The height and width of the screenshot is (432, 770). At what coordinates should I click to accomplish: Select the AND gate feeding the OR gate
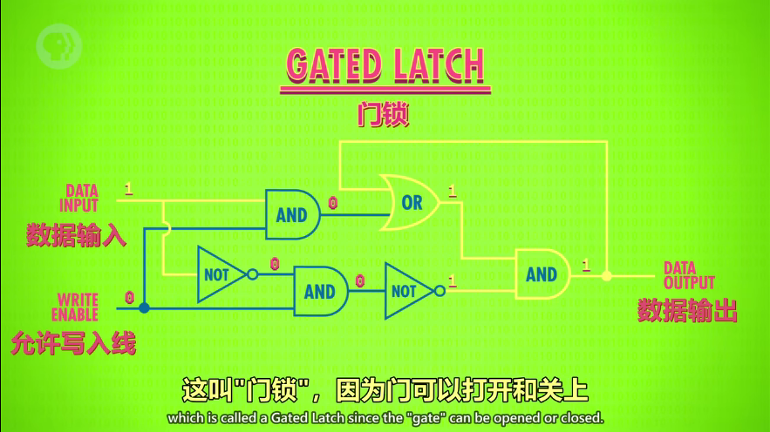tap(292, 214)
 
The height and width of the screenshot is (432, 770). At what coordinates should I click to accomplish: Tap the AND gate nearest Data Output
tap(542, 274)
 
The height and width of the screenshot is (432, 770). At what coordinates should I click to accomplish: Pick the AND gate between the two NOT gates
tap(320, 292)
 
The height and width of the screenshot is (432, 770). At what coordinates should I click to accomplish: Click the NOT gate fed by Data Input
tap(217, 274)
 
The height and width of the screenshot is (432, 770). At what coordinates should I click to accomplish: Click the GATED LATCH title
tap(385, 67)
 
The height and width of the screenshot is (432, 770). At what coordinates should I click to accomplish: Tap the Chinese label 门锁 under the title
tap(383, 115)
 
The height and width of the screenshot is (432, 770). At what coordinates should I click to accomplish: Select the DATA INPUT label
tap(78, 198)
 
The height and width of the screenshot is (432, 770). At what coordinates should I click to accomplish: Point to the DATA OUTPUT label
tap(689, 275)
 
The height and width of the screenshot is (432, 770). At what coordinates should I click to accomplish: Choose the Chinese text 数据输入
tap(77, 234)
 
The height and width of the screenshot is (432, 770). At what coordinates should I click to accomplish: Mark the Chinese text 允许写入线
tap(73, 343)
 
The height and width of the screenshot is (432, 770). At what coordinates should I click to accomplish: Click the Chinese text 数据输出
tap(687, 310)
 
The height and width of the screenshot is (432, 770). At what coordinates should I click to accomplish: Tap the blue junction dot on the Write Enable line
tap(144, 307)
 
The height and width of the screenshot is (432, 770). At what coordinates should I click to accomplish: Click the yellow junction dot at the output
tap(608, 275)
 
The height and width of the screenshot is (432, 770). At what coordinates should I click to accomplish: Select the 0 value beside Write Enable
tap(129, 297)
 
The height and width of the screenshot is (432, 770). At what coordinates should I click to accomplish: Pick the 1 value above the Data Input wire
tap(129, 188)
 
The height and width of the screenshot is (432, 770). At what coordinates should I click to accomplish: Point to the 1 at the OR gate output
tap(453, 190)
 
